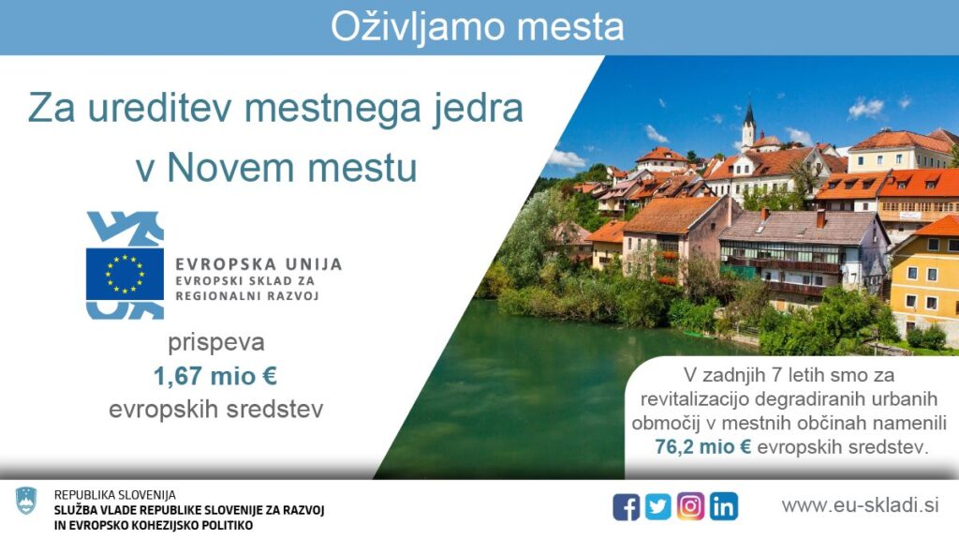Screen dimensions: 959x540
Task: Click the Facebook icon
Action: [x=627, y=507]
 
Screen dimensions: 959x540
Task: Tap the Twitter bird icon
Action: [x=658, y=507]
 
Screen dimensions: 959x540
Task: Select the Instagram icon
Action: [x=690, y=507]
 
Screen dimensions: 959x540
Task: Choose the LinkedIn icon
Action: [x=724, y=507]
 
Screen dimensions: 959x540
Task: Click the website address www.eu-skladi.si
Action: [x=860, y=505]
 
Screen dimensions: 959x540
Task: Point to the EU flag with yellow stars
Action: [x=125, y=274]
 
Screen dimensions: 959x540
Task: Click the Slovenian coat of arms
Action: [x=26, y=501]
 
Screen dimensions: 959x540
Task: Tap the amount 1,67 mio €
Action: [x=215, y=376]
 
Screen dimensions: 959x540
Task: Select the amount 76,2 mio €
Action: [x=702, y=447]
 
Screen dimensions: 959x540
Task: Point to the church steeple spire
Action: [x=749, y=112]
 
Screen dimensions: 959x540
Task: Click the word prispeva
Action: [x=216, y=343]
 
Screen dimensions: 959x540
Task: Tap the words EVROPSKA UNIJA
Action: [x=258, y=264]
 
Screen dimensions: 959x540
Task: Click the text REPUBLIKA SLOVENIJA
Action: [x=115, y=495]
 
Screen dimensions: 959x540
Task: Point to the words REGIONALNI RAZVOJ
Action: [x=247, y=296]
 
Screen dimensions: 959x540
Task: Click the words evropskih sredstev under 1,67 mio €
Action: [x=216, y=410]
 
